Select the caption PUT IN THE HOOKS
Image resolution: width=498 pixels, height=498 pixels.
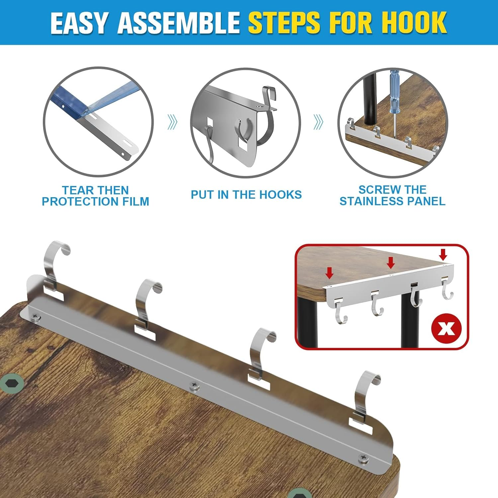(x=246, y=195)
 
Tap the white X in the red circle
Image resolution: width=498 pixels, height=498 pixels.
(x=447, y=329)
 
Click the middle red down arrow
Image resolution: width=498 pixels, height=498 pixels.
(x=391, y=262)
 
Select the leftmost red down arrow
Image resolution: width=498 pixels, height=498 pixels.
(x=329, y=272)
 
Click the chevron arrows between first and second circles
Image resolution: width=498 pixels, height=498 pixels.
(x=172, y=122)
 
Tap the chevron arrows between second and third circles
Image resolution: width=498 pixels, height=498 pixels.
(x=318, y=122)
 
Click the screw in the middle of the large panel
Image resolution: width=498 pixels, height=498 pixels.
(x=195, y=386)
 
